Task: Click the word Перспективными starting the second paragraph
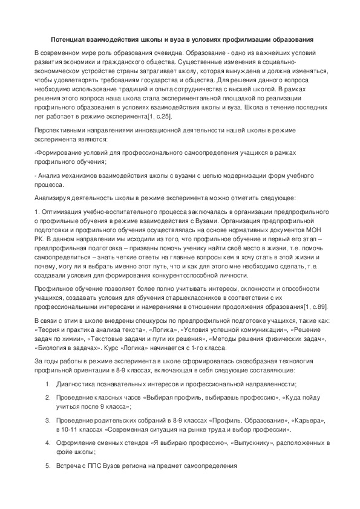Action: pos(62,130)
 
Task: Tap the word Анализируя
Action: pos(52,198)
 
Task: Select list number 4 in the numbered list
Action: pos(48,443)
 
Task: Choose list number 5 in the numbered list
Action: pos(48,465)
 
